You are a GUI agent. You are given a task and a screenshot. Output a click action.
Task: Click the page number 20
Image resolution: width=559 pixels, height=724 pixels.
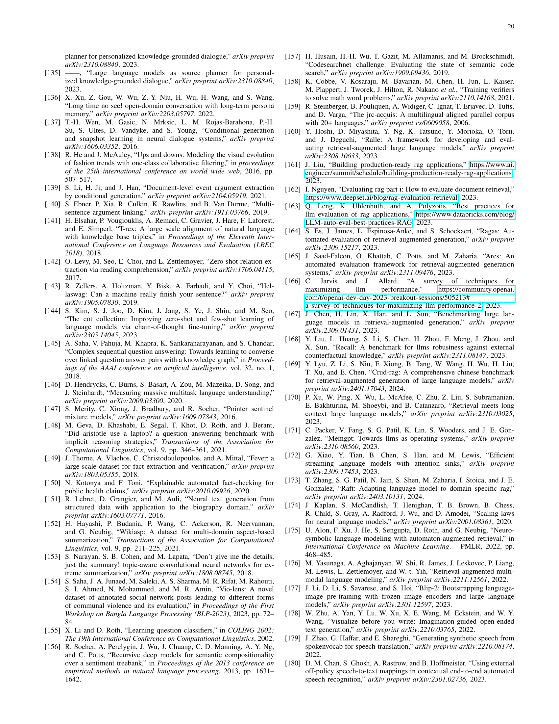tap(511, 27)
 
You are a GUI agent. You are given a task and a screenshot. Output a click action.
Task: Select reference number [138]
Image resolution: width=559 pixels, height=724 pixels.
tap(53, 155)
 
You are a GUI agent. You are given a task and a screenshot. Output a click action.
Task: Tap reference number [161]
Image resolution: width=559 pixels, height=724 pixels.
tap(293, 165)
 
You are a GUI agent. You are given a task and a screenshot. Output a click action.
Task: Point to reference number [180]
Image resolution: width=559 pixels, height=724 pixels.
tap(293, 663)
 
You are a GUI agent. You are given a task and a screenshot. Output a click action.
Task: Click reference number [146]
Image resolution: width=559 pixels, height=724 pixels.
tap(53, 384)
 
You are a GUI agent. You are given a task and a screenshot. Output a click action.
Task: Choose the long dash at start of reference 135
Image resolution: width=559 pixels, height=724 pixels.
tap(72, 73)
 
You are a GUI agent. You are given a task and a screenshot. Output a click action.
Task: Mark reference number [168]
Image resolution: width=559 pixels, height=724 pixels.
tap(293, 339)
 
